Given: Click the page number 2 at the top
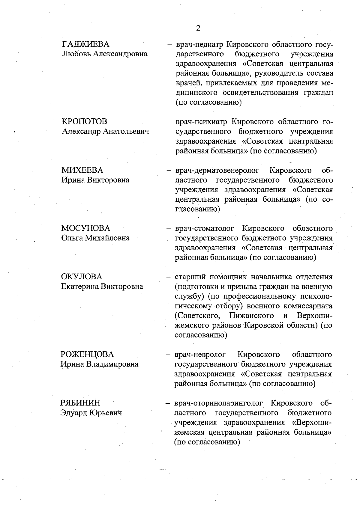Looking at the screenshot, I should [x=198, y=28].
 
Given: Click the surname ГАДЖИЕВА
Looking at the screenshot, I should [x=85, y=44].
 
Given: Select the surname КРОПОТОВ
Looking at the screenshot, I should [x=84, y=121].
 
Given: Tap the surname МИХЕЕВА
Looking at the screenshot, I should [x=82, y=170].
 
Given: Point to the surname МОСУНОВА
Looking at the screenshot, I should [x=85, y=228].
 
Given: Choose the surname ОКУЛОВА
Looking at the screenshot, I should [x=82, y=277].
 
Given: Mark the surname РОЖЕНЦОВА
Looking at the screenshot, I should [x=87, y=354].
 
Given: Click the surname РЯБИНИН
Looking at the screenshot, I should [x=80, y=403].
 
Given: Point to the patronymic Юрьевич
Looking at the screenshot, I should [x=105, y=413].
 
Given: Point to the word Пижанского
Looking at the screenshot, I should [x=251, y=316].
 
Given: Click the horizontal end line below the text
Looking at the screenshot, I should [x=180, y=468].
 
